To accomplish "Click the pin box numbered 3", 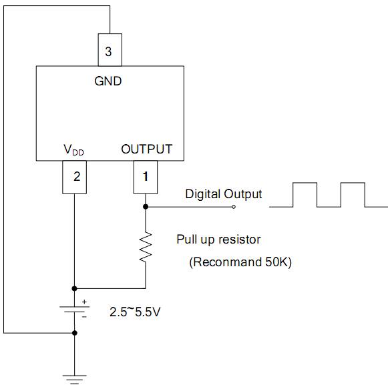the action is [x=110, y=50].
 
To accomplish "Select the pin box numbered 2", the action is [x=75, y=177].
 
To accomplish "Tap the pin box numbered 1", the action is [x=146, y=177].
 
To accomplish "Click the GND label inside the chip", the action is [x=108, y=81].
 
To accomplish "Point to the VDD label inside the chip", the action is [x=73, y=150].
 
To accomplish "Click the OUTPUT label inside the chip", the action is [x=147, y=149].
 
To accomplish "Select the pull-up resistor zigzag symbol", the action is [x=146, y=247].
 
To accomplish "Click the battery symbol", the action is [x=75, y=309].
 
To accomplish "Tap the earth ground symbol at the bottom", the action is [x=75, y=380].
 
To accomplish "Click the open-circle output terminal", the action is [x=234, y=207].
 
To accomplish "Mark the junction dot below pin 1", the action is [x=146, y=207].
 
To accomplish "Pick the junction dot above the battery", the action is [x=75, y=288].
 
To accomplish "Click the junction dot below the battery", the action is [x=75, y=333].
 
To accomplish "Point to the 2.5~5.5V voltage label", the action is [x=135, y=312].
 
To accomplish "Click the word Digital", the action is [x=203, y=194].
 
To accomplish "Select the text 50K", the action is [x=276, y=262].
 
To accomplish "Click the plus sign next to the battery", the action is [x=84, y=302].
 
